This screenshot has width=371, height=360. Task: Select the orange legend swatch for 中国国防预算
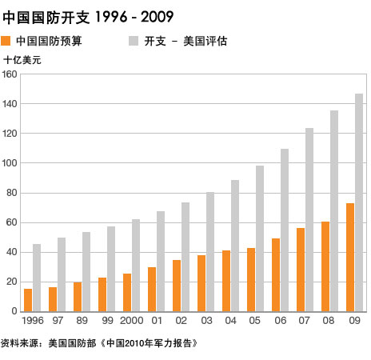(6, 41)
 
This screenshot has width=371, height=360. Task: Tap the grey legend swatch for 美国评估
(133, 41)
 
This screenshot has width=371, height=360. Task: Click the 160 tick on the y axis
(10, 74)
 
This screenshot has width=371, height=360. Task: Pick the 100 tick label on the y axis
(10, 163)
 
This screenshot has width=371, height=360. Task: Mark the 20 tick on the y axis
(12, 282)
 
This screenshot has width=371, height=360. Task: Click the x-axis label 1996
(33, 321)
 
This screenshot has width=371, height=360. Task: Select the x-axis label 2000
(131, 321)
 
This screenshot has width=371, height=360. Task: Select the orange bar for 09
(350, 257)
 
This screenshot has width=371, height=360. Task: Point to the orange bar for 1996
(28, 300)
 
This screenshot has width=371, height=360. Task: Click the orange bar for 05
(251, 279)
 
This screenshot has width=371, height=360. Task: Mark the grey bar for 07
(309, 219)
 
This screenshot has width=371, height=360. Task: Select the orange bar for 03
(201, 283)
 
